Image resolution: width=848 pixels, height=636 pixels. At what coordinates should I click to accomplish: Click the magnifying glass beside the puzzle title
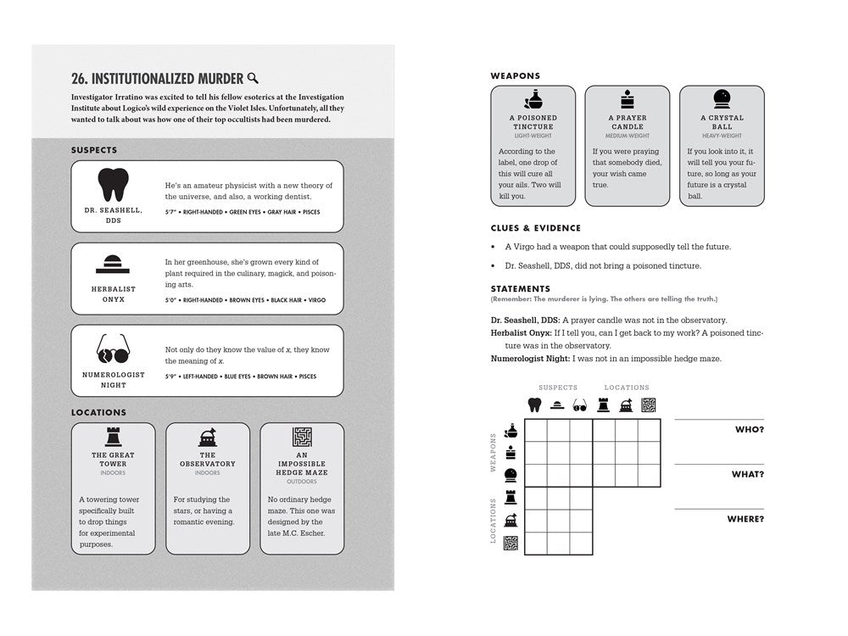point(253,79)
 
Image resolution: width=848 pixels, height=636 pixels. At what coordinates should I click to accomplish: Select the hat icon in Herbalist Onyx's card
point(113,264)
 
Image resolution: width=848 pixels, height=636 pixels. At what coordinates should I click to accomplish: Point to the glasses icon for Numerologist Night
point(113,347)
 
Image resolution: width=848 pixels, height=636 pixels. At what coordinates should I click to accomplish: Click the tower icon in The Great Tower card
point(113,437)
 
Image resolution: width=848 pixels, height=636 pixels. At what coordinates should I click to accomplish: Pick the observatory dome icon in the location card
point(207,437)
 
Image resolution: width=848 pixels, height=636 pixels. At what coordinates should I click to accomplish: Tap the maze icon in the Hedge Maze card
point(302,437)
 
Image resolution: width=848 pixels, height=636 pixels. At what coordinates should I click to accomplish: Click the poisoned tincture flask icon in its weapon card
point(533,99)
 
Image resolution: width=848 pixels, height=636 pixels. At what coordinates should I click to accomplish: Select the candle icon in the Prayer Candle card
point(628,99)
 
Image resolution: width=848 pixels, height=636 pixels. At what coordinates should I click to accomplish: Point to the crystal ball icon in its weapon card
point(722,99)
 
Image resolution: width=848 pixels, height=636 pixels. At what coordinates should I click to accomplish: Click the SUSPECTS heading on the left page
point(94,150)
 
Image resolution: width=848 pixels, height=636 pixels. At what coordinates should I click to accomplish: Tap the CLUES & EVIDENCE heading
point(535,228)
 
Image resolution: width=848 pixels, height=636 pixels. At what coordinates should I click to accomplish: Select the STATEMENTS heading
point(520,289)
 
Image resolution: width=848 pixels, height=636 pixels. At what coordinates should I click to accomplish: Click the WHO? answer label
point(749,430)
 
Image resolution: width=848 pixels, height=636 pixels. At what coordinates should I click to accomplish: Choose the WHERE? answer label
point(745,519)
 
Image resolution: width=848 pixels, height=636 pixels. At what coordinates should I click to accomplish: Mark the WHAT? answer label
point(747,475)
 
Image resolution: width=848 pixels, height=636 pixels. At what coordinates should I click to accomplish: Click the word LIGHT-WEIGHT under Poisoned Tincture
point(533,136)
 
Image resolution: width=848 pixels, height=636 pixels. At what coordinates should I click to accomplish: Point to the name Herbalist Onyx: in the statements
point(526,333)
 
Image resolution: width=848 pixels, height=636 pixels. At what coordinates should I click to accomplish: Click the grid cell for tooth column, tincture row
point(535,431)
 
